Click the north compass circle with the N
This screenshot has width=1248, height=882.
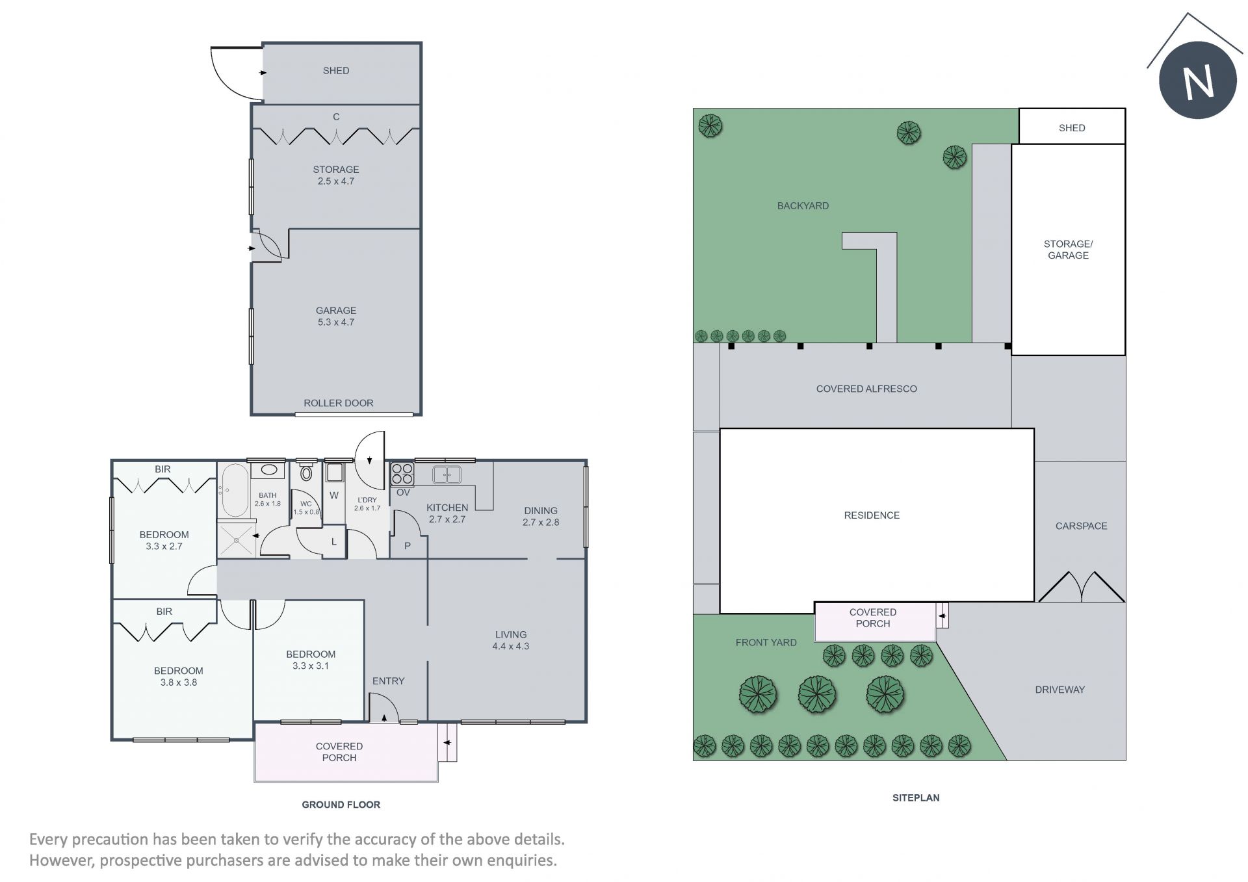[1197, 80]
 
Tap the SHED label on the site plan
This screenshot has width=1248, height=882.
[1072, 128]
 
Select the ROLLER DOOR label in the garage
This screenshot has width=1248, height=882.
[339, 403]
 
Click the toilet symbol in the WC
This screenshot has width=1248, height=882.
[306, 473]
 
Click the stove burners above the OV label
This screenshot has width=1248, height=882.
[402, 474]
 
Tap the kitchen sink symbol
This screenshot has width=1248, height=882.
[447, 474]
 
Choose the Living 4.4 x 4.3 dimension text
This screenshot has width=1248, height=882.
[511, 646]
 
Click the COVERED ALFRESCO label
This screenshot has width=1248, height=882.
[866, 389]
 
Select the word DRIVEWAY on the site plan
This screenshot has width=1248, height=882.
[1060, 690]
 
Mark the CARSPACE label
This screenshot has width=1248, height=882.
[1081, 526]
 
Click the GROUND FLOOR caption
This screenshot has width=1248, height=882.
[341, 805]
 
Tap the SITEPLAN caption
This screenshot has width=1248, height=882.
[916, 798]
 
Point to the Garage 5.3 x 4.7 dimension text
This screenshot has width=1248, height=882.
[336, 322]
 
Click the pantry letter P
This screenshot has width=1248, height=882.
[408, 546]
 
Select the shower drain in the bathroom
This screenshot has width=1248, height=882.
[235, 538]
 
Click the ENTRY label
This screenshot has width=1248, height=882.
[389, 681]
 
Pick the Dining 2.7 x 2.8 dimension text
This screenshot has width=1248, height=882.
[541, 522]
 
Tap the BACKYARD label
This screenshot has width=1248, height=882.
[803, 205]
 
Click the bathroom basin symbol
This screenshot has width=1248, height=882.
[268, 470]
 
